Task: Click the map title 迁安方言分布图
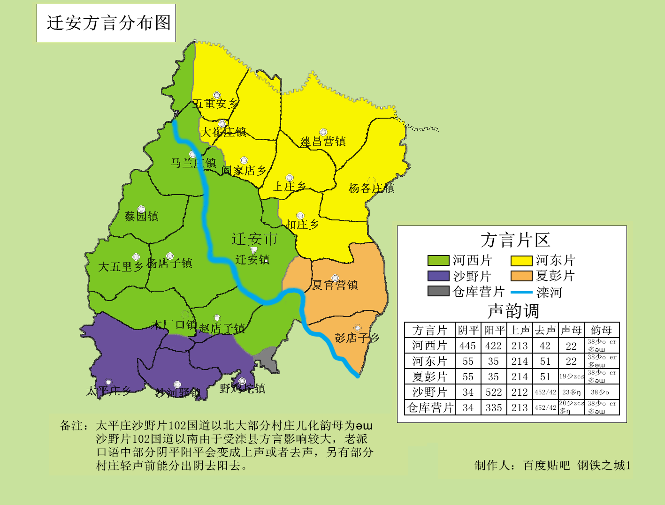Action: [108, 23]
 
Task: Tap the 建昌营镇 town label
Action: [323, 141]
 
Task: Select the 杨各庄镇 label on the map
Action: [371, 188]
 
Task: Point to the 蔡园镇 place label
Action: [141, 216]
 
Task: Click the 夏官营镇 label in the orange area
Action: [335, 285]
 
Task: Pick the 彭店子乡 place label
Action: [357, 338]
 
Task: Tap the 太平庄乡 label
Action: [108, 391]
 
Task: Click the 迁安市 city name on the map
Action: [254, 239]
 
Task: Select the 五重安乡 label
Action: [215, 104]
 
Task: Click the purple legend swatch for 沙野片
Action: [438, 276]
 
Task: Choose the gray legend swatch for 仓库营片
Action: [438, 291]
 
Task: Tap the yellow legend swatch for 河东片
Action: [521, 261]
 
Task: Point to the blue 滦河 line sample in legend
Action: [521, 293]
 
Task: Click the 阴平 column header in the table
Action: [468, 330]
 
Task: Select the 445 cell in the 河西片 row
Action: [468, 346]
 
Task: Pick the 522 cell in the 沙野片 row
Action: [494, 392]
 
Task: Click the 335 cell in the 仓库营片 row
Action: [494, 408]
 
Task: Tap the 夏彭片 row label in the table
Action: [429, 377]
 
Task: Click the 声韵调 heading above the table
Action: [513, 311]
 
